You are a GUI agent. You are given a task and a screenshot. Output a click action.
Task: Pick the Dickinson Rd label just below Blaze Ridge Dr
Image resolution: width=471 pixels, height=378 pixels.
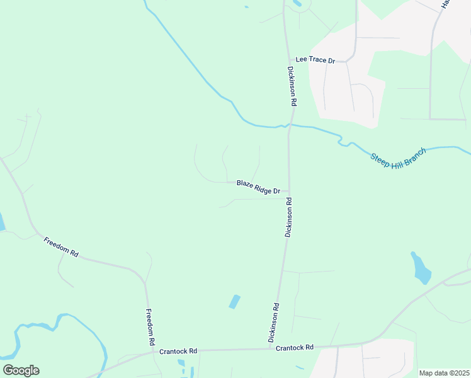point(288,217)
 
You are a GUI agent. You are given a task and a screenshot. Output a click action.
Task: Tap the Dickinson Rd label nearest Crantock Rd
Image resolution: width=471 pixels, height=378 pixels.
point(274,323)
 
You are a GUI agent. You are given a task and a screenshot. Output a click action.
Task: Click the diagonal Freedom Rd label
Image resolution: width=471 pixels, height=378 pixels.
point(60,246)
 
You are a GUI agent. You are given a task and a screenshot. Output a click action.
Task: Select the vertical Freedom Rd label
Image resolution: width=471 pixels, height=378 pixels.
point(150,327)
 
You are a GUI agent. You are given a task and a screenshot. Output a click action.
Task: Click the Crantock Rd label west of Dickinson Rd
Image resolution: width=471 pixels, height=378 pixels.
point(178,351)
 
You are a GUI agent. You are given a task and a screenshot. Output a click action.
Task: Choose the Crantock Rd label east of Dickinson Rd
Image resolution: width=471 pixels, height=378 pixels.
point(295,347)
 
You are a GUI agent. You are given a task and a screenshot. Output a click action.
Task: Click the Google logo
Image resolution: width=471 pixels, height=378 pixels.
point(21,370)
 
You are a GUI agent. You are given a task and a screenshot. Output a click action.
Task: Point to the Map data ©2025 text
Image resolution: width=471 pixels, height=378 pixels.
point(444,373)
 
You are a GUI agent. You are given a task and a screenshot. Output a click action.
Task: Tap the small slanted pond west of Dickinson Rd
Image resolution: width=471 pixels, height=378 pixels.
point(234,302)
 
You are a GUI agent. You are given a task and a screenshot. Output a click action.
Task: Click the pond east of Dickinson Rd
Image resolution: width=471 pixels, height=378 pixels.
point(421,268)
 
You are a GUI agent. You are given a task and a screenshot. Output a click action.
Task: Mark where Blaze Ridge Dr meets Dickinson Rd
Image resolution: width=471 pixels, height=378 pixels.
point(289,190)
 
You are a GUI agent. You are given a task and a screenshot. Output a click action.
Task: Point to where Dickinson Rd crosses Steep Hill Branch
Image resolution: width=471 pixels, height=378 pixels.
point(290,125)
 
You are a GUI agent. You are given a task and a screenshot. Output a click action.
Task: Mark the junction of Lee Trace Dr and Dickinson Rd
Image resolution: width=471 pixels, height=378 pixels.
point(287,60)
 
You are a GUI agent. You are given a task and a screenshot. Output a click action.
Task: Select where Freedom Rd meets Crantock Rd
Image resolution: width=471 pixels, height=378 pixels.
point(152,352)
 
